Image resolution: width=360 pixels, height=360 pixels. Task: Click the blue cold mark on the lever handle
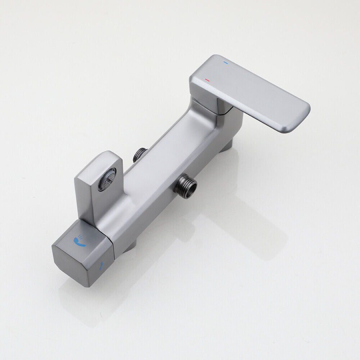[226, 62]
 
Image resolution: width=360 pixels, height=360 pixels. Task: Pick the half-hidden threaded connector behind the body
[140, 154]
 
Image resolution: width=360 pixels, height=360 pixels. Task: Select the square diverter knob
[83, 252]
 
